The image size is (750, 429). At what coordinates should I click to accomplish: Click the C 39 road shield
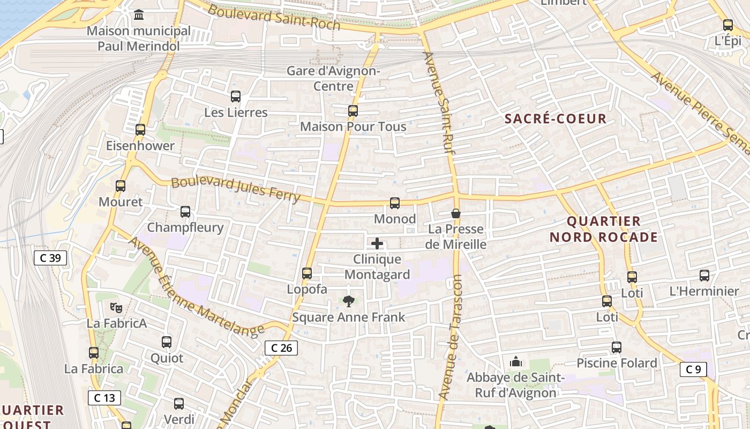pyautogui.click(x=50, y=258)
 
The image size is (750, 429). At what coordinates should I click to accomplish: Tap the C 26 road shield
pyautogui.click(x=281, y=348)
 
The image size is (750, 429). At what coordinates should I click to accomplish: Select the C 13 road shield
pyautogui.click(x=104, y=398)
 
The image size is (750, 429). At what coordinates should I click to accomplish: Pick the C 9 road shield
pyautogui.click(x=693, y=369)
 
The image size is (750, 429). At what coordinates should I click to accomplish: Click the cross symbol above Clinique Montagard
pyautogui.click(x=377, y=244)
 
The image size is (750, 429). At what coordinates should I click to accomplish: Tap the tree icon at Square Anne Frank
pyautogui.click(x=349, y=302)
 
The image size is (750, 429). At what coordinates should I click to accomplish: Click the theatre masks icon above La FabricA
pyautogui.click(x=116, y=308)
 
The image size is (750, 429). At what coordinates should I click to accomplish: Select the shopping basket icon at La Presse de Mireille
pyautogui.click(x=455, y=213)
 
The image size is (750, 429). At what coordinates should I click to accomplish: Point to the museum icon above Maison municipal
pyautogui.click(x=139, y=14)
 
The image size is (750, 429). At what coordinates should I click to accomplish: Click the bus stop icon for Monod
pyautogui.click(x=395, y=203)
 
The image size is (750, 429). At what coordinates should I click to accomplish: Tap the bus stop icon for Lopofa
pyautogui.click(x=307, y=273)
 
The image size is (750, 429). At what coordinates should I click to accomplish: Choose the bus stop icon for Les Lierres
pyautogui.click(x=236, y=97)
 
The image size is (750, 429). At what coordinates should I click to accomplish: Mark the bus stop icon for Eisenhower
pyautogui.click(x=140, y=130)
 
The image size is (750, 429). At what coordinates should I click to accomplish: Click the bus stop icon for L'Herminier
pyautogui.click(x=704, y=276)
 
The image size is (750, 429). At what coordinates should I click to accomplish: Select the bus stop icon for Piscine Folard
pyautogui.click(x=617, y=347)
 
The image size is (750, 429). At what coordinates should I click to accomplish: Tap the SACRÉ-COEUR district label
pyautogui.click(x=556, y=119)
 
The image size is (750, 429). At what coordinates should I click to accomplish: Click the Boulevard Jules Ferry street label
pyautogui.click(x=236, y=189)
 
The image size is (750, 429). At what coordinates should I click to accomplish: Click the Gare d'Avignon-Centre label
pyautogui.click(x=333, y=78)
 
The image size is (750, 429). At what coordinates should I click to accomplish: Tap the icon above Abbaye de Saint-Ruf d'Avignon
pyautogui.click(x=516, y=362)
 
